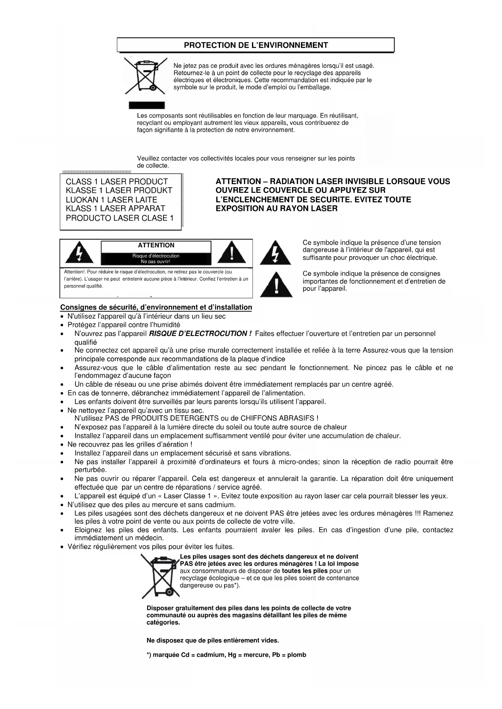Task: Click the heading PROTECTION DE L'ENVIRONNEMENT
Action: coord(256,45)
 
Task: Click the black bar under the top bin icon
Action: coord(146,105)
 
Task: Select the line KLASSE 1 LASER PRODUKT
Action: coord(119,190)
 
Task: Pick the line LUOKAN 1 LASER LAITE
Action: coord(111,200)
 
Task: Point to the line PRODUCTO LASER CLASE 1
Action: coord(119,218)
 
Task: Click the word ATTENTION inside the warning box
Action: coord(156,245)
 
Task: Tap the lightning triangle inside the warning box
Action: coord(79,253)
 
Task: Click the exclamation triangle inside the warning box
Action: coord(231,253)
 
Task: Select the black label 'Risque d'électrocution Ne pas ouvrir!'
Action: coord(156,258)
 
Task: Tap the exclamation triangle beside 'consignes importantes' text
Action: coord(276,285)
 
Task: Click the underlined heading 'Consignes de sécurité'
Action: coord(156,308)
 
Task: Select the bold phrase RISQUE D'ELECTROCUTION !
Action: coord(200,334)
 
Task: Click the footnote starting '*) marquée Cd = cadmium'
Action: coord(226,655)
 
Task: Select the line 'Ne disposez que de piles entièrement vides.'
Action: coord(212,640)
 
